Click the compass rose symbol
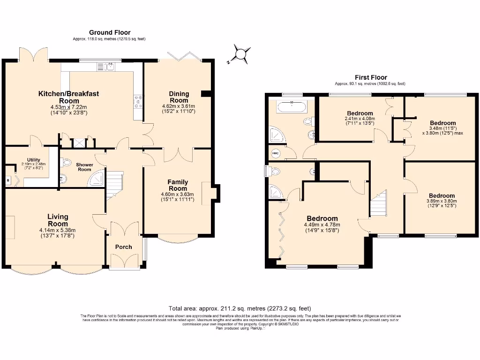[240, 54]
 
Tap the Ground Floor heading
[110, 32]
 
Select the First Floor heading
[370, 77]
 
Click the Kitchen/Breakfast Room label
[69, 97]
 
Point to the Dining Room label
[179, 97]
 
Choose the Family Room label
[178, 185]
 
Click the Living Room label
[58, 220]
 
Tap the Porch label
[123, 247]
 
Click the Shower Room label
[85, 167]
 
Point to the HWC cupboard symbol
[275, 153]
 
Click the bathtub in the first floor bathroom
[292, 107]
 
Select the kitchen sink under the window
[109, 67]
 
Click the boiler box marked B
[8, 180]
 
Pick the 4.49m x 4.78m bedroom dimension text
[322, 227]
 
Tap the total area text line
[240, 308]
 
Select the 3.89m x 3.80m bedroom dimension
[441, 202]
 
